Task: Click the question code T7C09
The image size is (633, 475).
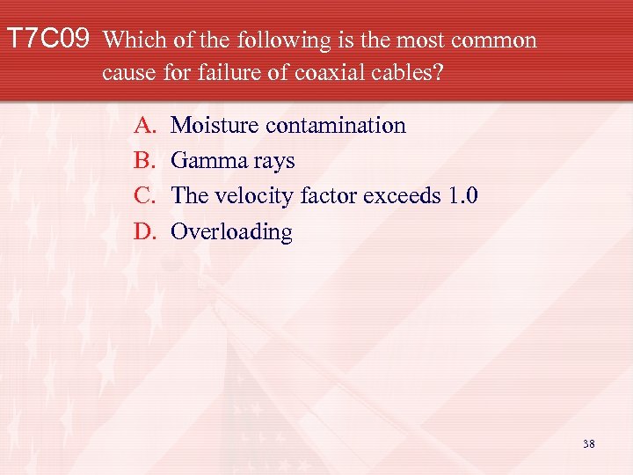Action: [x=48, y=39]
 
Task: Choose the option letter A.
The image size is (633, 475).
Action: [x=143, y=126]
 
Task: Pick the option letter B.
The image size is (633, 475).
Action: [x=142, y=161]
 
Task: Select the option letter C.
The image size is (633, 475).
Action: [x=142, y=196]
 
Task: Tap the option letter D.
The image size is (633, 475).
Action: [x=143, y=231]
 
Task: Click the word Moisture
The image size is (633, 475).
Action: [x=215, y=126]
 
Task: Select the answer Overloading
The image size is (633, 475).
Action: [x=231, y=232]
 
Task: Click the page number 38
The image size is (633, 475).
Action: [x=588, y=444]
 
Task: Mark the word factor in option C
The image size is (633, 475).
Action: [x=325, y=196]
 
